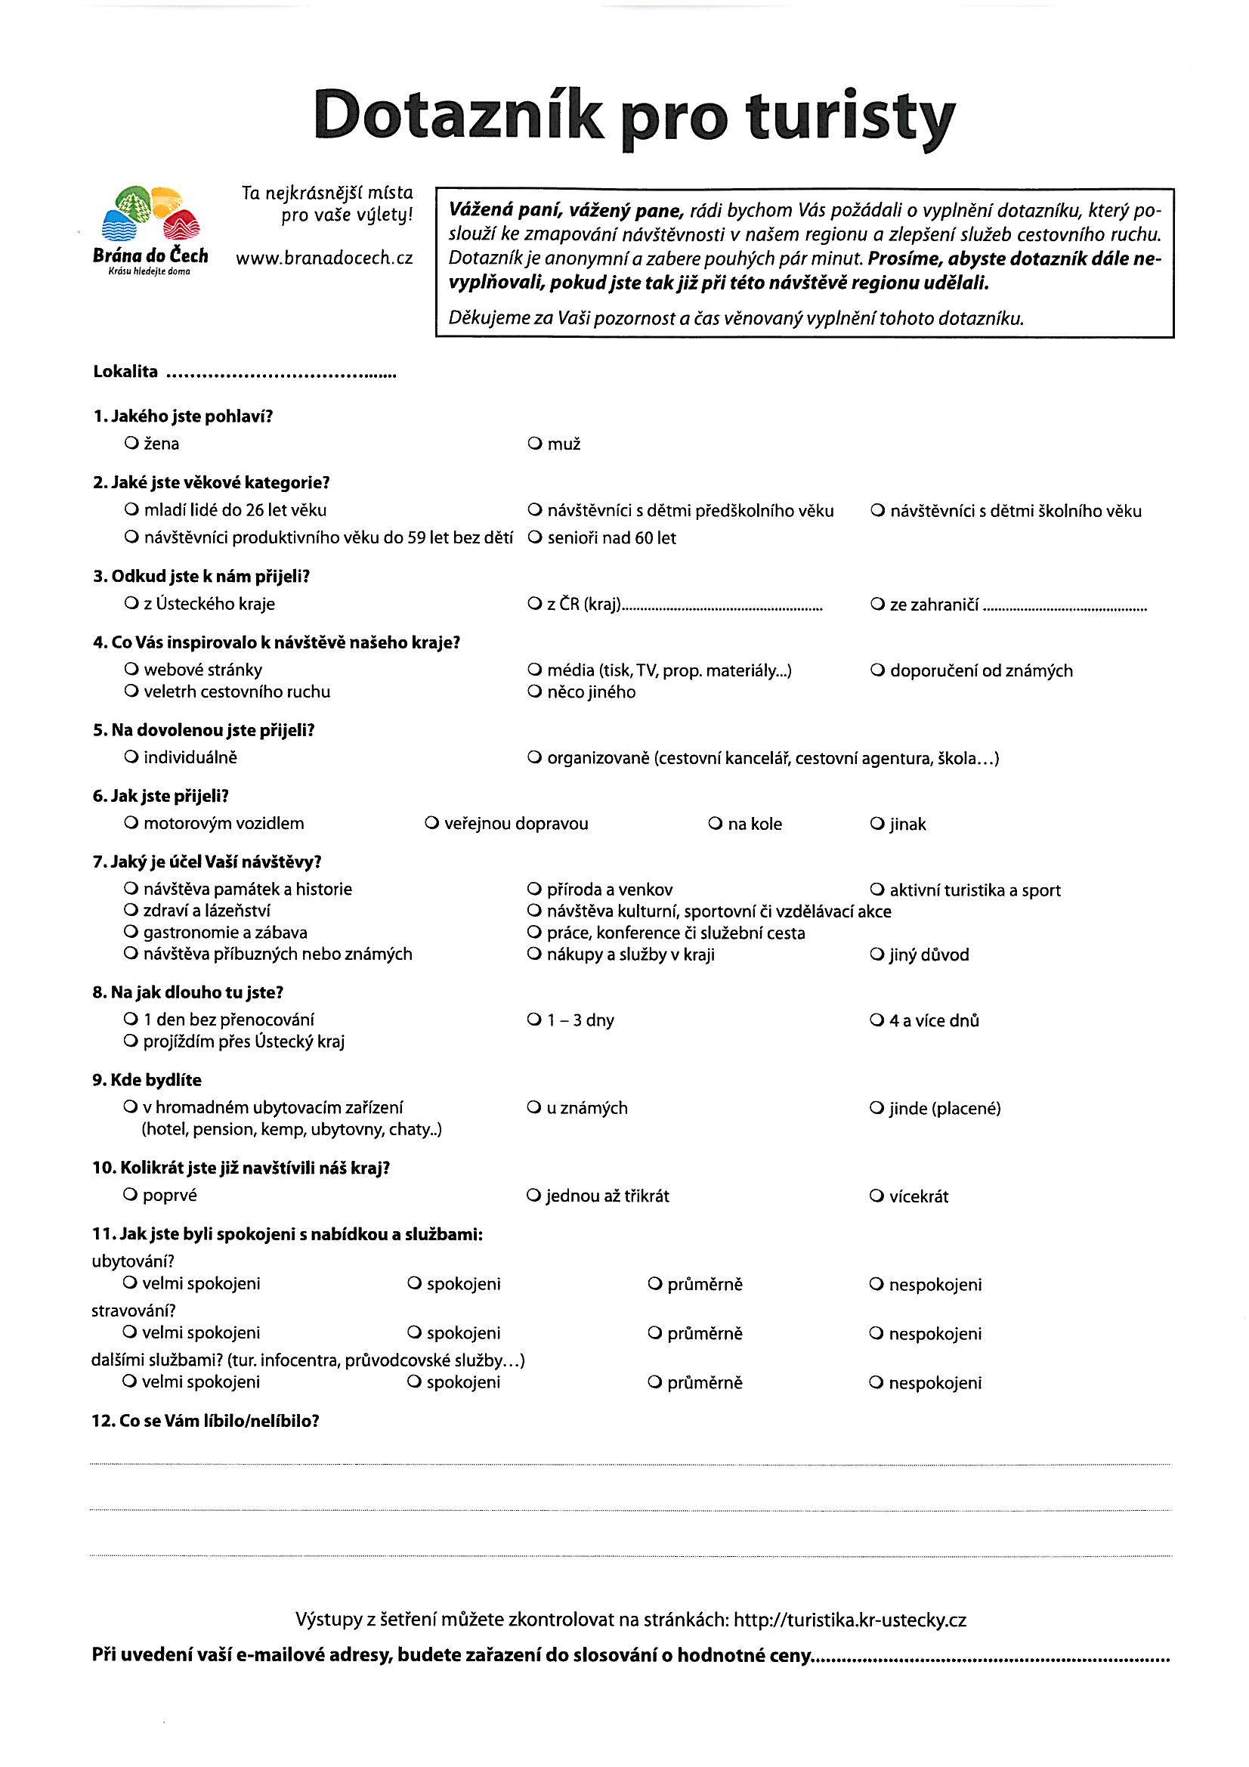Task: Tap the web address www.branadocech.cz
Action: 324,259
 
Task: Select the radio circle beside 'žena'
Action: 130,444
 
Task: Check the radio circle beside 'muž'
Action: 534,444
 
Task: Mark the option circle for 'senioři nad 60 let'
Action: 534,538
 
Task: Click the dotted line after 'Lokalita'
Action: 281,376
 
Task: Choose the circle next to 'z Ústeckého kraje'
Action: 130,604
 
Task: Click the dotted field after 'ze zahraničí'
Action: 1065,608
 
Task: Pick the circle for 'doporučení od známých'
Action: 876,670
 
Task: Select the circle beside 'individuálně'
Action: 130,757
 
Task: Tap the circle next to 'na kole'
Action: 714,825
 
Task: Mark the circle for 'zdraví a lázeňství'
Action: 130,911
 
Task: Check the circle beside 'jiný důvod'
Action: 876,955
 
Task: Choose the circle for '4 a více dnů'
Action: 876,1020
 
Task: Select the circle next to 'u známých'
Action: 533,1108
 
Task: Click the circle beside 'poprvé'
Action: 129,1195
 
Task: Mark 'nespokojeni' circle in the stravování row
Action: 876,1333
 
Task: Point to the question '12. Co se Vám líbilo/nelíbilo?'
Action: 205,1422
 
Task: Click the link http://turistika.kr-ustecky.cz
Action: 849,1620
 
